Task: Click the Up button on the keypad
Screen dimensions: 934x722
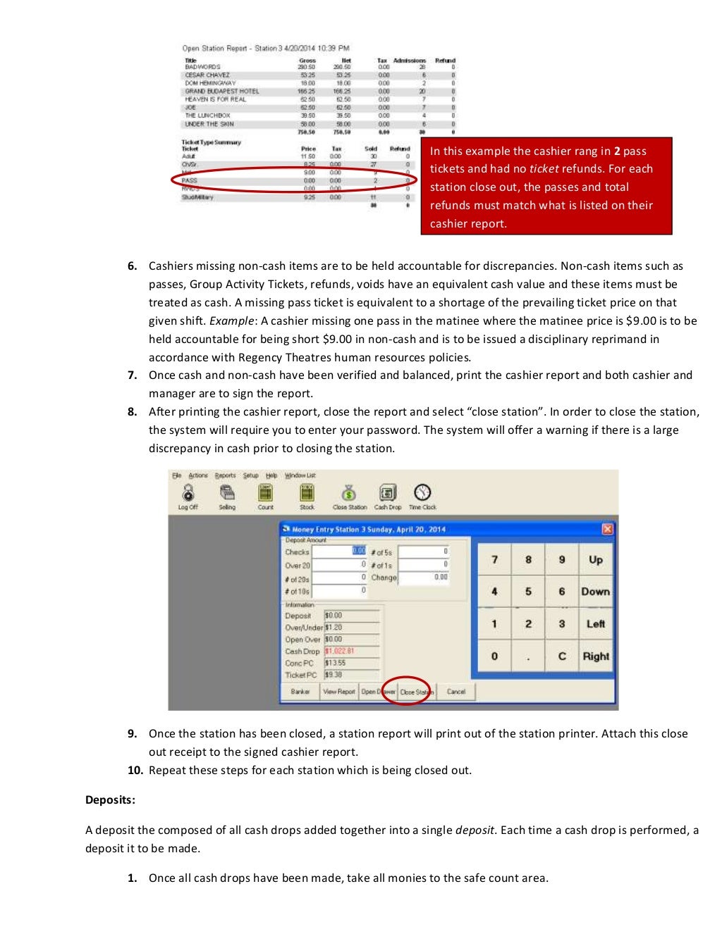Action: coord(596,560)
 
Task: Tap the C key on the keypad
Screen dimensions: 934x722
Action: coord(562,656)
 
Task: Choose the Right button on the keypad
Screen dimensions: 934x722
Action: coord(596,656)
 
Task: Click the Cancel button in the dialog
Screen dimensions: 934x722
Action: coord(456,692)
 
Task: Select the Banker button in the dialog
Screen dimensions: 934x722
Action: coord(300,692)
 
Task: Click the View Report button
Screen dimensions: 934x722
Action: coord(339,692)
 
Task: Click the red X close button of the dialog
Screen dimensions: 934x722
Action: coord(607,529)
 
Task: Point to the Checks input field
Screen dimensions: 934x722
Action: coord(339,552)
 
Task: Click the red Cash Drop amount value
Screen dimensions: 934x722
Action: coord(340,652)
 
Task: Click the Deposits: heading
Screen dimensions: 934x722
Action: coord(110,800)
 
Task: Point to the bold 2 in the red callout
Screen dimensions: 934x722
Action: coord(617,151)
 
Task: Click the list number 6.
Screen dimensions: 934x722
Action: coord(132,266)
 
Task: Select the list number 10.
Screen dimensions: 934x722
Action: coord(135,771)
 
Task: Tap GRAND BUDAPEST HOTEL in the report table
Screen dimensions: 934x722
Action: coord(222,92)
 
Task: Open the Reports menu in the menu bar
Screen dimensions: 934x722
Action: coord(226,475)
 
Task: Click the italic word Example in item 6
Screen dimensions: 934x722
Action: coord(231,321)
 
